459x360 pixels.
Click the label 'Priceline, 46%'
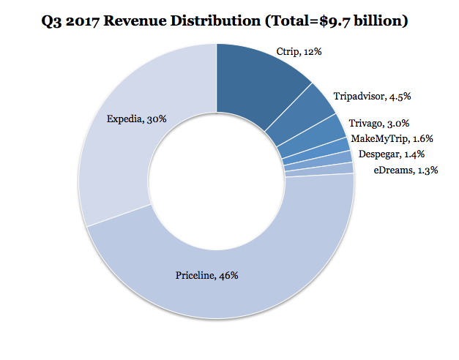[207, 275]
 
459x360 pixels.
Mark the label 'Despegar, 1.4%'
[392, 154]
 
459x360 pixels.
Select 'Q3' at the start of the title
[56, 20]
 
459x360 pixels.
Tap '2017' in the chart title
[86, 20]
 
